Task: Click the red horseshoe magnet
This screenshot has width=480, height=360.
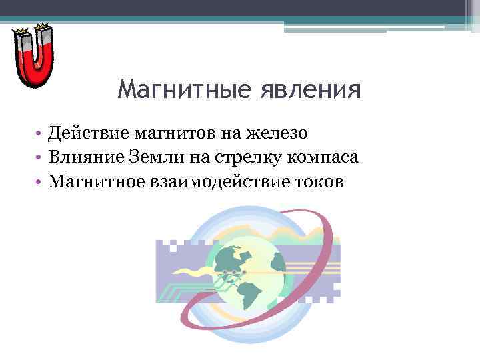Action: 34,67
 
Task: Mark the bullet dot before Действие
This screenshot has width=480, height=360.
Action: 40,134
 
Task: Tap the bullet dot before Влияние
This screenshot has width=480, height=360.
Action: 40,158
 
